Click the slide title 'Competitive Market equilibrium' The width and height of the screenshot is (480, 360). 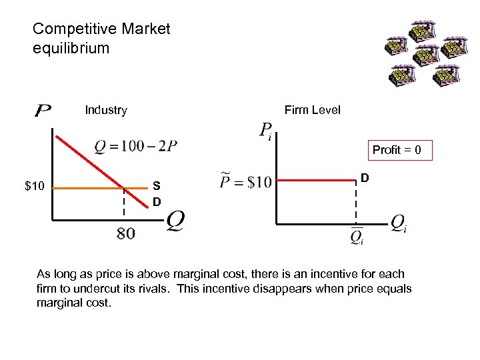pos(101,39)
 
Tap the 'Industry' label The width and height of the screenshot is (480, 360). pos(106,110)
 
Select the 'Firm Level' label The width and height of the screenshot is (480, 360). pos(312,110)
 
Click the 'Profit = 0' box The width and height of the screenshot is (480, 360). pos(396,150)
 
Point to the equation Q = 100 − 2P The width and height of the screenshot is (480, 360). pos(136,145)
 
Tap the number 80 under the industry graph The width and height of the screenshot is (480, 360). pos(125,233)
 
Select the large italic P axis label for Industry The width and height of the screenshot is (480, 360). pos(41,109)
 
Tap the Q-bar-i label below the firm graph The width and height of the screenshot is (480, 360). pos(357,236)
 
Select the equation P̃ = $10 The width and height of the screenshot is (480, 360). pos(245,181)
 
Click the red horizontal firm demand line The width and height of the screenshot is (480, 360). pos(313,179)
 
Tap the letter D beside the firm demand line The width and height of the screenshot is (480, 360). pos(365,177)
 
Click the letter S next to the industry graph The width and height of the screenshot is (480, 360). pos(156,187)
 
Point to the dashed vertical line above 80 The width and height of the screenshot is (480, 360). pos(123,203)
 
